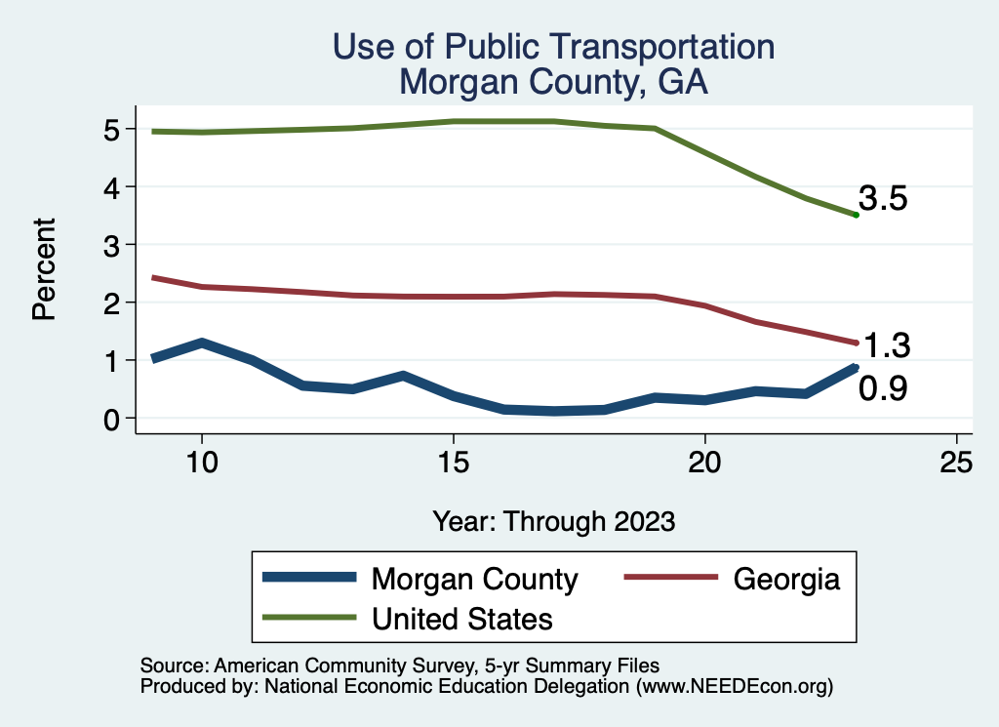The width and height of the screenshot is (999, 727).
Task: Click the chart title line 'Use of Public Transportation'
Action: pyautogui.click(x=554, y=47)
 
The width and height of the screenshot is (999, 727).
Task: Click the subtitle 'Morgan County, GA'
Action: pyautogui.click(x=554, y=83)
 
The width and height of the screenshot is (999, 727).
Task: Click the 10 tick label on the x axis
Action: pyautogui.click(x=201, y=463)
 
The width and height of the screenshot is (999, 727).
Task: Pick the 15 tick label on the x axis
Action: pyautogui.click(x=453, y=463)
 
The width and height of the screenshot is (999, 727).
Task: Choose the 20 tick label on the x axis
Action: pyautogui.click(x=704, y=463)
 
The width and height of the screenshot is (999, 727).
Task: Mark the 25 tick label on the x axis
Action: pyautogui.click(x=956, y=463)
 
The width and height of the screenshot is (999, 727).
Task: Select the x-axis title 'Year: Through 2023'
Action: pyautogui.click(x=554, y=521)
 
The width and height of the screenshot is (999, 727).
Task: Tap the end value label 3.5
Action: pyautogui.click(x=883, y=199)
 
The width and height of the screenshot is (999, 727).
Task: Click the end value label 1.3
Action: pyautogui.click(x=887, y=345)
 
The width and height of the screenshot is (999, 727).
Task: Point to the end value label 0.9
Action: pyautogui.click(x=883, y=389)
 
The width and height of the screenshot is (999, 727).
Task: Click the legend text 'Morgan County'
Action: pyautogui.click(x=474, y=579)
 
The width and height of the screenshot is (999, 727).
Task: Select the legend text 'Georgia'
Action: pyautogui.click(x=785, y=579)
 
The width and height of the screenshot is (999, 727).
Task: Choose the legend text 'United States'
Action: pyautogui.click(x=462, y=618)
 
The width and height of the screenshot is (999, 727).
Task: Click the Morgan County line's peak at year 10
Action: pyautogui.click(x=201, y=343)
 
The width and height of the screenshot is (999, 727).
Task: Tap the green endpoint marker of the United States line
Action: pyautogui.click(x=856, y=215)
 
